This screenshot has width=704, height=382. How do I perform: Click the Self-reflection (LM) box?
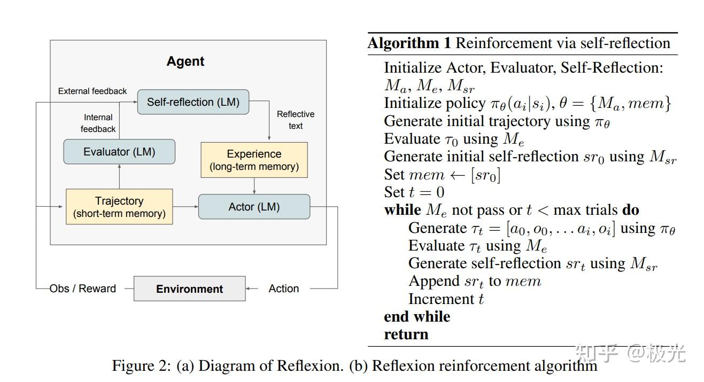click(193, 102)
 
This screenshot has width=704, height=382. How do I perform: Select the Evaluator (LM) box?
click(119, 152)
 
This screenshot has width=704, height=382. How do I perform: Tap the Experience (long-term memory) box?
click(254, 160)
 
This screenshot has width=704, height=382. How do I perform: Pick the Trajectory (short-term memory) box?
click(119, 207)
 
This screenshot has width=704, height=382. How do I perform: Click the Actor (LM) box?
click(254, 207)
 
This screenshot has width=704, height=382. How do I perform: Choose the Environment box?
click(189, 289)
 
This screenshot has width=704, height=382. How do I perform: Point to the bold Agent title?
click(185, 61)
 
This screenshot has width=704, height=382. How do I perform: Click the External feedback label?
click(92, 91)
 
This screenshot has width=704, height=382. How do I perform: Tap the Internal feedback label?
click(98, 123)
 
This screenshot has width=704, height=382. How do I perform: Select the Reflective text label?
click(296, 120)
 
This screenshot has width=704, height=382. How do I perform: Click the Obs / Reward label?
click(83, 289)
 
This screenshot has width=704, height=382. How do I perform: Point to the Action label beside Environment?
click(283, 289)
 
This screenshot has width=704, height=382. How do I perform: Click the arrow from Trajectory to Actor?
click(185, 207)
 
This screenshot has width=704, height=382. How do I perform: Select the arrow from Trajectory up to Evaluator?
click(119, 176)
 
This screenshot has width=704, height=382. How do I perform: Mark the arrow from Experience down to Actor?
click(254, 186)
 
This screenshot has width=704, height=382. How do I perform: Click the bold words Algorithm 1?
click(409, 43)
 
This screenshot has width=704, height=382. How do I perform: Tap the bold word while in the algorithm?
click(402, 210)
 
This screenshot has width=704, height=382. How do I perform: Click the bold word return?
click(406, 334)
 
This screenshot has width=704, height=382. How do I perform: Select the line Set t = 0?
click(414, 192)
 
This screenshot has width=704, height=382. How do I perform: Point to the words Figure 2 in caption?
click(139, 366)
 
